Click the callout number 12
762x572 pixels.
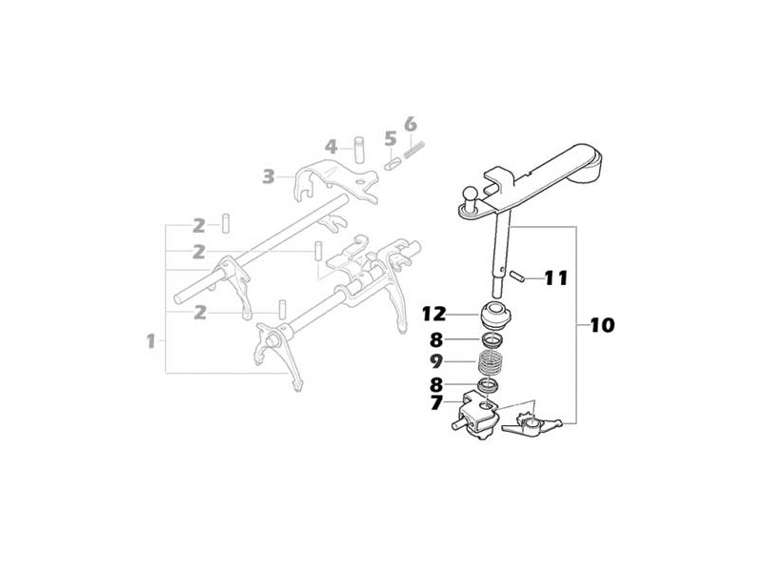[434, 315]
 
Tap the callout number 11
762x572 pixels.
[556, 278]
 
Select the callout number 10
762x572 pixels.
[603, 325]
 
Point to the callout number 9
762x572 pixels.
[436, 361]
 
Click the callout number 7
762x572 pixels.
[436, 403]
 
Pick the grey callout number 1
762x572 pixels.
[151, 341]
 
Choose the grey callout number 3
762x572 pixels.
[269, 176]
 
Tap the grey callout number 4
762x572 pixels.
[331, 147]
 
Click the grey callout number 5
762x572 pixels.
[391, 138]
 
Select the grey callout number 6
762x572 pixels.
[411, 124]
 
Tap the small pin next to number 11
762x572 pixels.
[516, 276]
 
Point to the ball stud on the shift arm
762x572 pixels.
[471, 198]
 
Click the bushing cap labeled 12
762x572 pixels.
[493, 316]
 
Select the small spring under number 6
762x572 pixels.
[414, 149]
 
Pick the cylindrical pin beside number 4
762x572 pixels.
[360, 150]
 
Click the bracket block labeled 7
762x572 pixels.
[478, 416]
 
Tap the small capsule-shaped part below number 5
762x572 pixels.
[391, 162]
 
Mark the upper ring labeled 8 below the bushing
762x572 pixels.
[492, 339]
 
